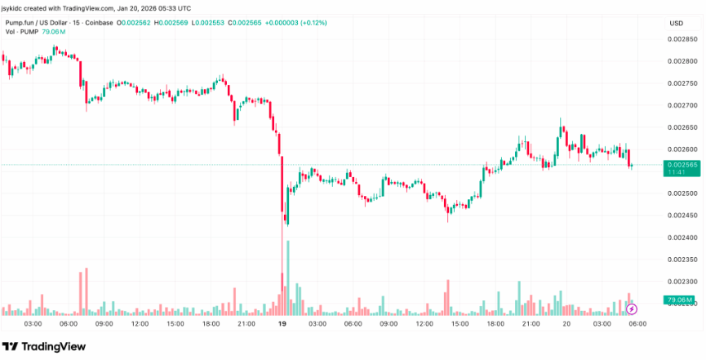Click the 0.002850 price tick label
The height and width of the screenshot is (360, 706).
click(682, 39)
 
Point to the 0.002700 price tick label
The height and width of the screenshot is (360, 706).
click(682, 105)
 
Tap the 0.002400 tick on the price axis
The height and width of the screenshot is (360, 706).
click(682, 238)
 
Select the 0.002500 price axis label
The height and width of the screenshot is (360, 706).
click(682, 193)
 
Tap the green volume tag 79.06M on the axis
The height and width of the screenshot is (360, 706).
click(682, 300)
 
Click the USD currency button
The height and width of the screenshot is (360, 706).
click(677, 24)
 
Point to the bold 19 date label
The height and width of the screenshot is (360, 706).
click(282, 323)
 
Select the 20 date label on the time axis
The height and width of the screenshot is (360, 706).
click(566, 323)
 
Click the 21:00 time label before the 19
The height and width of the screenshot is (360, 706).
click(246, 323)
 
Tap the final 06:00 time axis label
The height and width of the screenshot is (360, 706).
click(637, 323)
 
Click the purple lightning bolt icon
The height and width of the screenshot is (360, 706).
click(632, 309)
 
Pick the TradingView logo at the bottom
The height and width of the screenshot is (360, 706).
click(44, 346)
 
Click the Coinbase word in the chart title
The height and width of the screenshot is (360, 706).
click(99, 23)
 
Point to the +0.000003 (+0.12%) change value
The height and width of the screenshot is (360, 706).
click(295, 23)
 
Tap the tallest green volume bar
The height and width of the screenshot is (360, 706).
click(288, 278)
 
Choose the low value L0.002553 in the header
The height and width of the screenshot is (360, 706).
click(207, 23)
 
